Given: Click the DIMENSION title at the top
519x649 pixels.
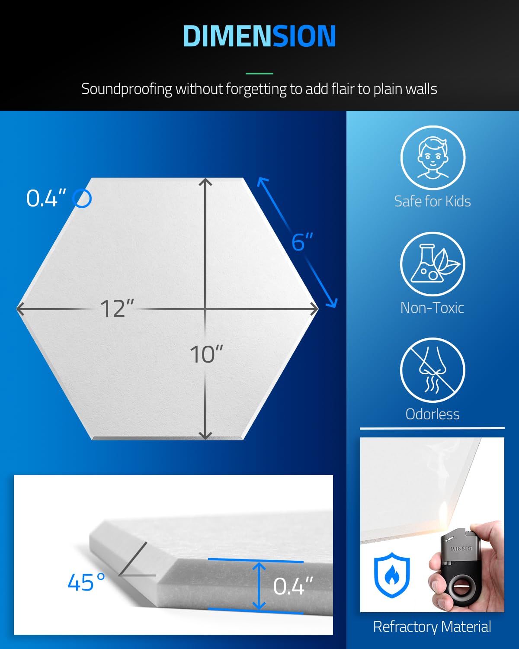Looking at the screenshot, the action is [259, 36].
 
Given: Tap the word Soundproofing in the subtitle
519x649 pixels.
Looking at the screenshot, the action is [126, 89].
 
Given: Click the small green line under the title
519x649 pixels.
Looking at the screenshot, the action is [259, 73].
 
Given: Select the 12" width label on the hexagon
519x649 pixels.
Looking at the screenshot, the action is [117, 308].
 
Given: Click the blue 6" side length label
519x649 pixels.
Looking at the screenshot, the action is [302, 241].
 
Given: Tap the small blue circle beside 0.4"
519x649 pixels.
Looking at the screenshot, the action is [82, 199].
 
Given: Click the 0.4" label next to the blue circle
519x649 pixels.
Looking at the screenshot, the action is [46, 198].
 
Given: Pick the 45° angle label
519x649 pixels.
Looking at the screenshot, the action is [86, 582].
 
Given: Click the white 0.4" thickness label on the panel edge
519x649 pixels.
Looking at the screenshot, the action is [293, 586].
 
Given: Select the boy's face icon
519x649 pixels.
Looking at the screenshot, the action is [433, 158].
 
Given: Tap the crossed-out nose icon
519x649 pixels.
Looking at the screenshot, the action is [433, 370].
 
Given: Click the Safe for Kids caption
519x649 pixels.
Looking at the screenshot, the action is [432, 201].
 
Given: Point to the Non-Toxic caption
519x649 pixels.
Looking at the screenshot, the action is [432, 308].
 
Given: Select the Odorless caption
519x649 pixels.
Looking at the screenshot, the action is [432, 414].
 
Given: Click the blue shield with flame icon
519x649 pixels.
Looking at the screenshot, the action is [392, 575].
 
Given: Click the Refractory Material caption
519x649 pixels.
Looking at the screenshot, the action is [432, 627].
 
